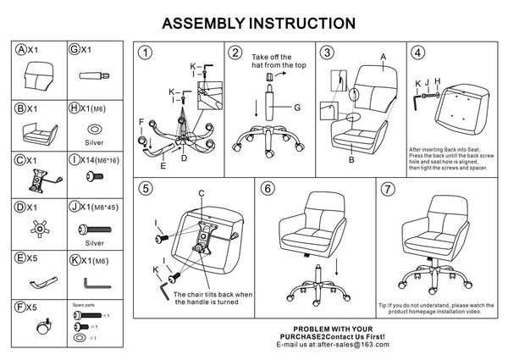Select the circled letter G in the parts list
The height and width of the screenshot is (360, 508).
(x=74, y=50)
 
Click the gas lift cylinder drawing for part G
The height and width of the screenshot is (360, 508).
(x=92, y=76)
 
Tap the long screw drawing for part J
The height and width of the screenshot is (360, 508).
(x=98, y=229)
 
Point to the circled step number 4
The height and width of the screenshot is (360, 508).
(x=417, y=53)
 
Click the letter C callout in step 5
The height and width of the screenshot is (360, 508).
(x=202, y=193)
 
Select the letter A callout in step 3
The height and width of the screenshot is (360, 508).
(x=383, y=56)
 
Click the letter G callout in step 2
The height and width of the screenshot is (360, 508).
(x=298, y=108)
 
